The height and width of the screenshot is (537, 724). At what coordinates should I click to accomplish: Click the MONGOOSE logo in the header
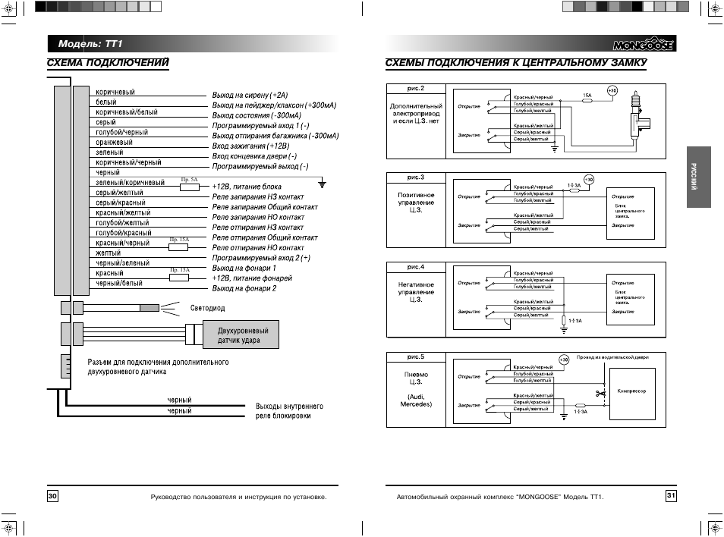637,44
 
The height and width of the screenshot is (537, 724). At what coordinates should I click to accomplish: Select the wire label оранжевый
114,142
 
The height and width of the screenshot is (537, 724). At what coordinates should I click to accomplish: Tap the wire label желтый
109,253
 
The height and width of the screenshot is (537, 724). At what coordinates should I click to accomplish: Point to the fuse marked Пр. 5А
189,184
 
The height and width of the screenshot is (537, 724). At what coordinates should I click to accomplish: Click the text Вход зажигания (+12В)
250,146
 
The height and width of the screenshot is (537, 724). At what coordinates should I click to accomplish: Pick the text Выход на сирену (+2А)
250,96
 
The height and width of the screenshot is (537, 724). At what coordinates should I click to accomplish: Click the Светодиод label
206,309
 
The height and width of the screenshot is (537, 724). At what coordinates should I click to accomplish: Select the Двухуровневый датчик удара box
238,336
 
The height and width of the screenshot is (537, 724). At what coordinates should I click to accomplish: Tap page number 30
52,496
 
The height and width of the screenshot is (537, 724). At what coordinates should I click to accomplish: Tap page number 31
671,496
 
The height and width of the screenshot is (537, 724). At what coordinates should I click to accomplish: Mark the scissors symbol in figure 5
600,394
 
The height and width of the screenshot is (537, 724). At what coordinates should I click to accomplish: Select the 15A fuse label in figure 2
587,96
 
